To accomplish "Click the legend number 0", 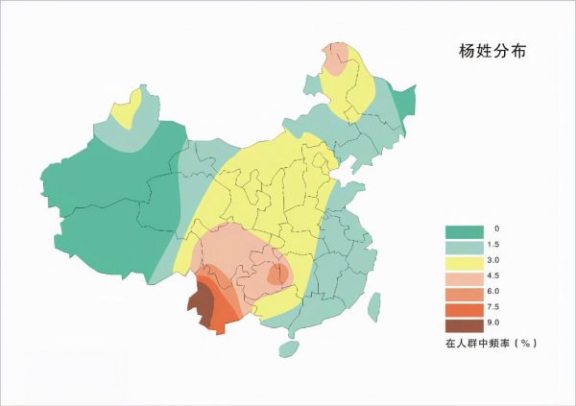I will pyautogui.click(x=495, y=230).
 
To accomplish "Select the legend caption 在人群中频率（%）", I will pyautogui.click(x=490, y=342).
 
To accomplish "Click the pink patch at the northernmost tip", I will pyautogui.click(x=337, y=58).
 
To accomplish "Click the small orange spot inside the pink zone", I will pyautogui.click(x=278, y=275).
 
